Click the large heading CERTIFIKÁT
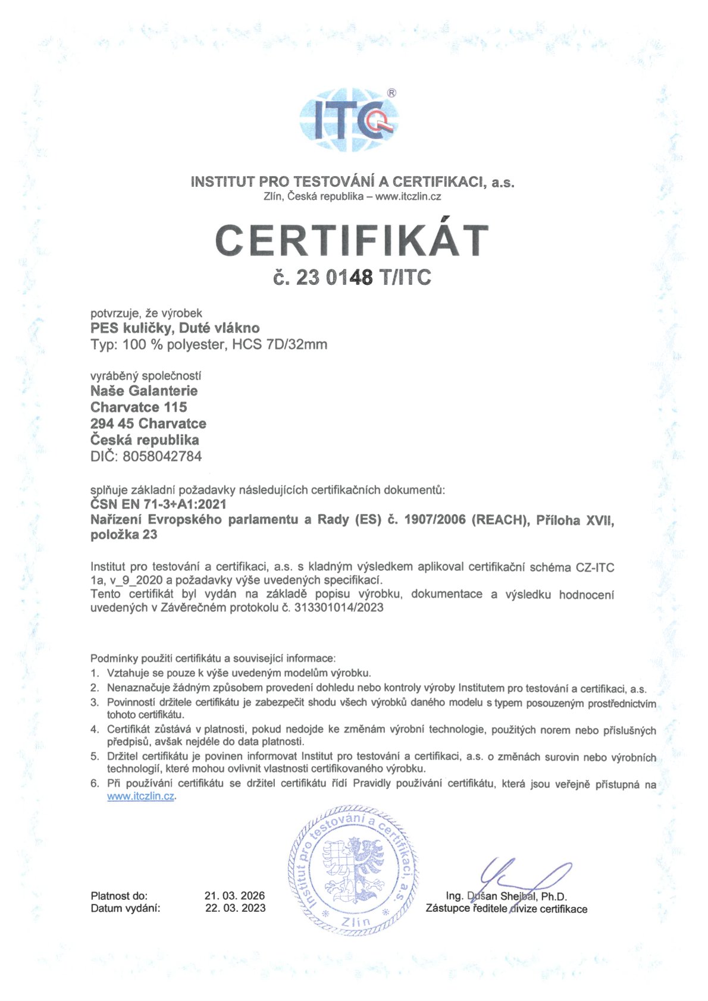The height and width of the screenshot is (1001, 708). click(352, 240)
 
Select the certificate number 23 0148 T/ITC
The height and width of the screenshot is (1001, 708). click(352, 277)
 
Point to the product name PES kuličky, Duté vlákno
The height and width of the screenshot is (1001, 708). click(175, 328)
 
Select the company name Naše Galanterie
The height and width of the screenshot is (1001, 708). click(144, 391)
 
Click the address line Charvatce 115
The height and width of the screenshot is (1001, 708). click(139, 407)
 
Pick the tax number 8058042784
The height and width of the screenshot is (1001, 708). click(162, 457)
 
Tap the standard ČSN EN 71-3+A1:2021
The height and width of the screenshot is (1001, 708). click(158, 504)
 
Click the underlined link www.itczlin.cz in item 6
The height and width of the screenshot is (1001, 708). click(140, 796)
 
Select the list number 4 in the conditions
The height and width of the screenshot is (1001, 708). click(94, 729)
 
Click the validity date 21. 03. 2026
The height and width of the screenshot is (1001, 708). click(234, 896)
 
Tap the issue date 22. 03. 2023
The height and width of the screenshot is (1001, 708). click(235, 908)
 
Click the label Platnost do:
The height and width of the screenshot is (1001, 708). click(119, 896)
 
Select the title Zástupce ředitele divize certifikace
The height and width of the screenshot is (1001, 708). click(506, 909)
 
